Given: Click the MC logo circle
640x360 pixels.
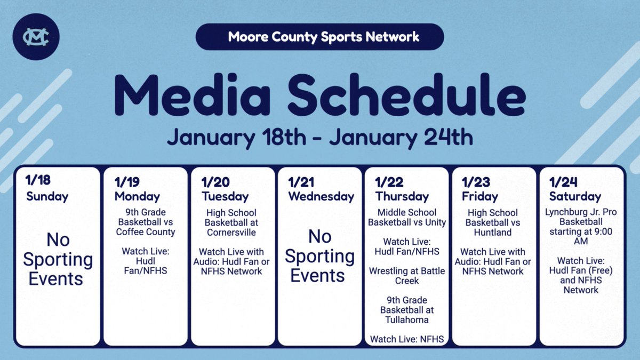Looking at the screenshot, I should click(x=36, y=36).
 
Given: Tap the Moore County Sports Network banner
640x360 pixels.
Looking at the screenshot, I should click(x=320, y=37).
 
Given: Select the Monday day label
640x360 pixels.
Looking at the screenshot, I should click(x=137, y=196).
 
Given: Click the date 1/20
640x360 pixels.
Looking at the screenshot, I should click(x=215, y=182).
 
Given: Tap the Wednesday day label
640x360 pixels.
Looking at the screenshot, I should click(x=321, y=196).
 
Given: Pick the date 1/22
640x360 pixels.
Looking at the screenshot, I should click(x=389, y=182).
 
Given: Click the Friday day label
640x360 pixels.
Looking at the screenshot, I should click(x=480, y=196).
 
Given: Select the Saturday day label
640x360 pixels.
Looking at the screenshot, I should click(x=575, y=196).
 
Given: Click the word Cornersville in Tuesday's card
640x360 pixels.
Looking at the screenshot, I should click(x=231, y=233).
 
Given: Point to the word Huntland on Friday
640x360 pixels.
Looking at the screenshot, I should click(x=492, y=232).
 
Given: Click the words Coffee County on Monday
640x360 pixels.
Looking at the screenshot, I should click(x=146, y=232).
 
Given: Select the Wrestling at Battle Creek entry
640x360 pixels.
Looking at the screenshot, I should click(x=406, y=276).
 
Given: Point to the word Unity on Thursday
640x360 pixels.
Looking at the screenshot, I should click(x=435, y=222).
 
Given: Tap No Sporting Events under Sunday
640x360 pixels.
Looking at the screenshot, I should click(x=58, y=259).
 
